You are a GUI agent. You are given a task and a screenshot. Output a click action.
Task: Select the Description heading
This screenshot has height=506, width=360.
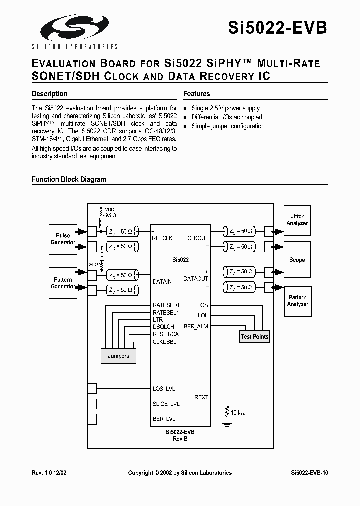click(x=49, y=94)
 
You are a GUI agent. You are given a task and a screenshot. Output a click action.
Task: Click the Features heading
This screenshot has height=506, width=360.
click(x=196, y=94)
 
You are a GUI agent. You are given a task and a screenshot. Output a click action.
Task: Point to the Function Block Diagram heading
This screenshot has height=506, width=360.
click(x=69, y=179)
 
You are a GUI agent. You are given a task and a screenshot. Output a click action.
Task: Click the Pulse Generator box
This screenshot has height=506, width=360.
click(x=63, y=239)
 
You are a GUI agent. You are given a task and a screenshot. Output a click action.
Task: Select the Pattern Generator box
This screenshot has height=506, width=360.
click(x=63, y=283)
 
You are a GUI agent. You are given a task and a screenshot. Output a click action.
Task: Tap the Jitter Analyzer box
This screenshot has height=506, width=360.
click(x=297, y=220)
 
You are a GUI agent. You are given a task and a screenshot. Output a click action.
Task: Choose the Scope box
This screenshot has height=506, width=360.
click(x=297, y=260)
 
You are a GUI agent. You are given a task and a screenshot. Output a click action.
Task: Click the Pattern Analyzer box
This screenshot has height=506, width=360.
click(x=297, y=301)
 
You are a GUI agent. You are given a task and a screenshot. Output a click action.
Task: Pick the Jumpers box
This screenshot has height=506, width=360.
click(x=118, y=356)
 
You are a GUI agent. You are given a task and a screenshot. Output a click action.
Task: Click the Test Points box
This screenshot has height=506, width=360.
click(x=254, y=336)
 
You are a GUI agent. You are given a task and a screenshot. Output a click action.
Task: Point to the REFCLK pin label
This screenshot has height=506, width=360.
click(x=162, y=239)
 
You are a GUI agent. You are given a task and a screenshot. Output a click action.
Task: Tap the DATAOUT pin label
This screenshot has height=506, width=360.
click(x=196, y=279)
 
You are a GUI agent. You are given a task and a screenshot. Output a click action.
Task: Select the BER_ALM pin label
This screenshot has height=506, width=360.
click(x=196, y=326)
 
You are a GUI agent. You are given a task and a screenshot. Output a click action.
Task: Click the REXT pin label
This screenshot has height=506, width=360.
click(x=201, y=397)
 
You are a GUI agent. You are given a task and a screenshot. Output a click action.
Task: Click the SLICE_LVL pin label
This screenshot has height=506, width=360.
click(x=166, y=404)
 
